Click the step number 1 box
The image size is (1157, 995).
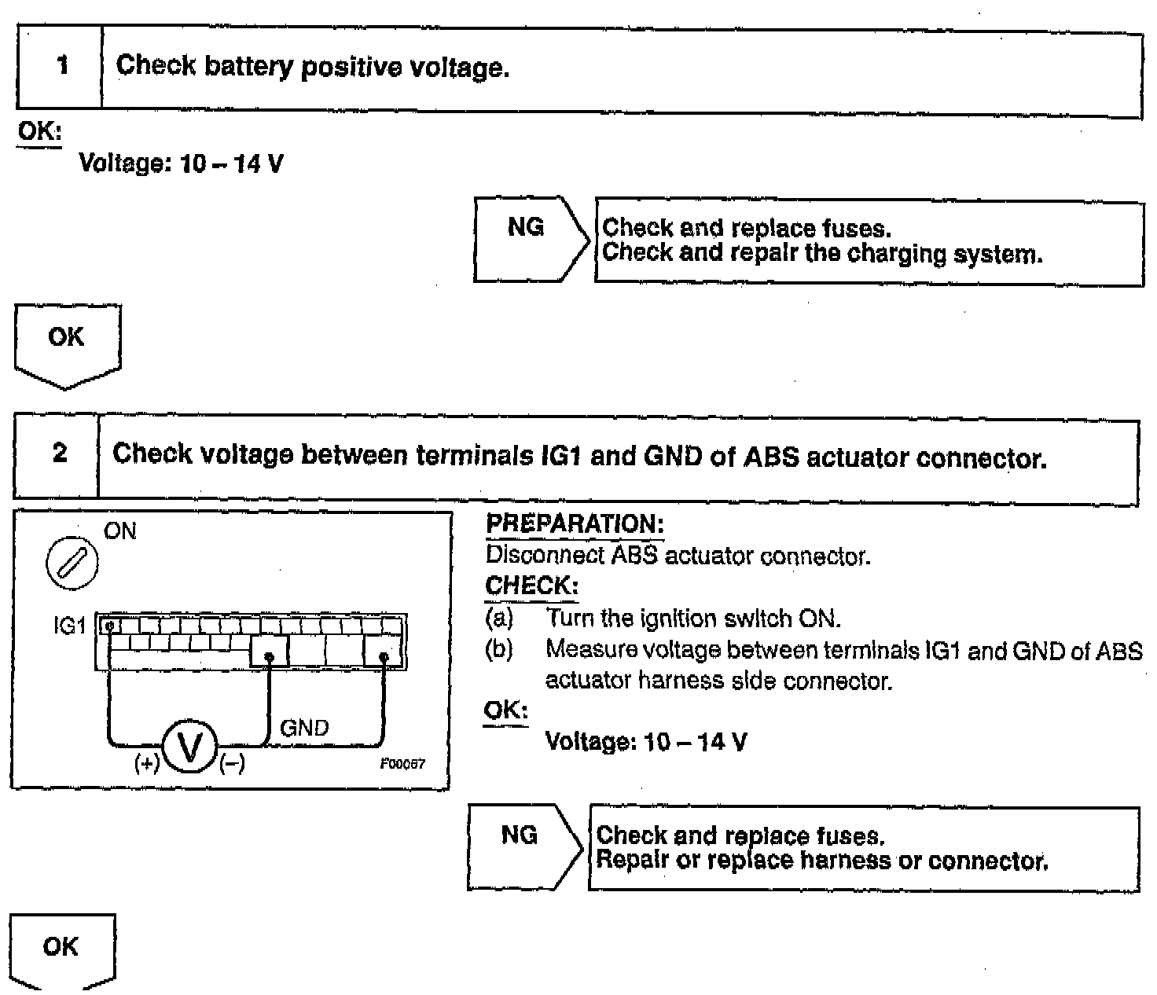point(61,66)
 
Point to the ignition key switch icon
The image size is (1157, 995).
point(72,564)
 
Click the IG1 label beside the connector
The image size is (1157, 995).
point(69,626)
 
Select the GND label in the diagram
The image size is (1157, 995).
point(304,728)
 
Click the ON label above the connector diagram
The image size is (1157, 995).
point(120,531)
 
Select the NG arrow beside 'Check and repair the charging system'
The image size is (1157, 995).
point(528,238)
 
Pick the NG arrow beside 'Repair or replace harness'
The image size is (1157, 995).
point(522,846)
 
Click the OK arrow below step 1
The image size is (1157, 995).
point(67,344)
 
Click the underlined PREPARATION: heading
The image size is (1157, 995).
point(575,524)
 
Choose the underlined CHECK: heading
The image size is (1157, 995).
point(532,586)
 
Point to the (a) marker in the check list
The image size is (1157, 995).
point(499,619)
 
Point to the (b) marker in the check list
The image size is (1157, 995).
point(499,650)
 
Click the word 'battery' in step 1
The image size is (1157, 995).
point(248,68)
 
